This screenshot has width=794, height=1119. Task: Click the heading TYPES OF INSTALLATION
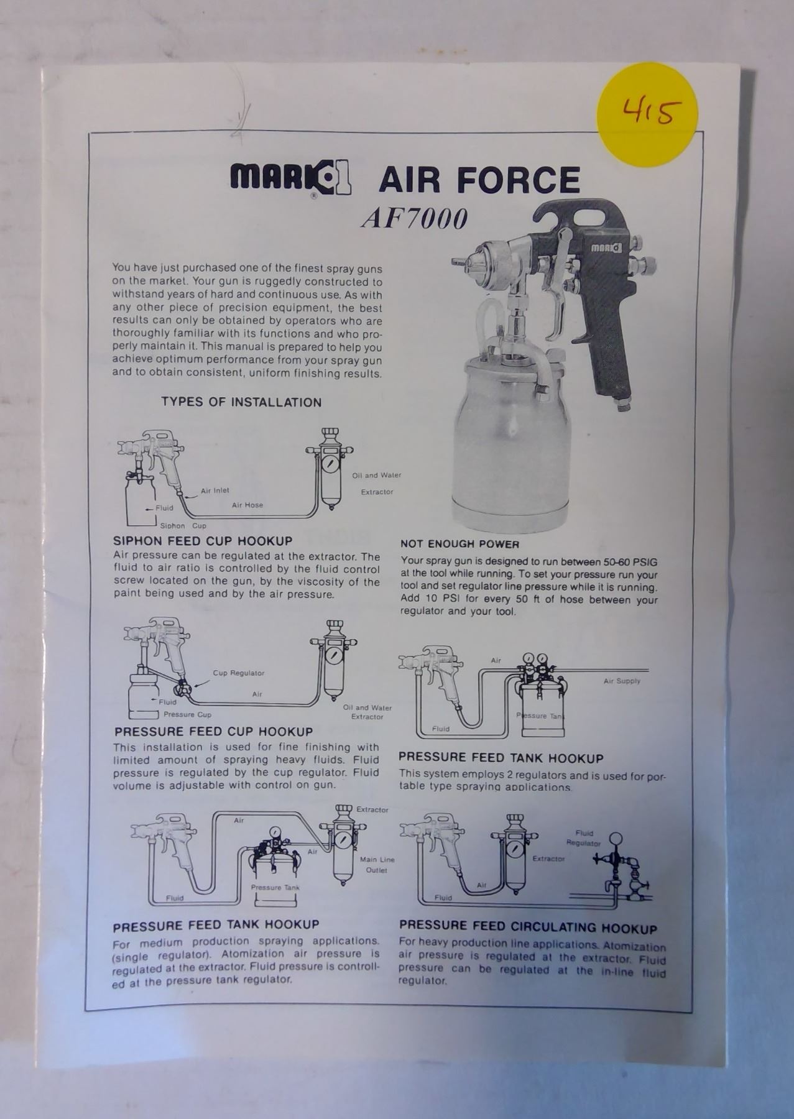[242, 402]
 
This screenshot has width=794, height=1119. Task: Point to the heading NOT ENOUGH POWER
[459, 544]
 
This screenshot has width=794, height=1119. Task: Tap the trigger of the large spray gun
[556, 292]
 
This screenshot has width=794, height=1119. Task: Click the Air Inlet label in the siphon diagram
[215, 490]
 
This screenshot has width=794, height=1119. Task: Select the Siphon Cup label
[183, 526]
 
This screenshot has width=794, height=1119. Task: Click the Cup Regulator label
[239, 673]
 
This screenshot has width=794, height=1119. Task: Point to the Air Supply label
[622, 681]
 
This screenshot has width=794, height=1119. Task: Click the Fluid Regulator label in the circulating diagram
[584, 838]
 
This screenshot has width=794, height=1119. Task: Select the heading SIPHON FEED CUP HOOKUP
[203, 541]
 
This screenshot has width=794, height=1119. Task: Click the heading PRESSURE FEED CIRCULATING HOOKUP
[528, 928]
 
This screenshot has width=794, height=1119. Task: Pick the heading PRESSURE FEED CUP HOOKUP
[213, 731]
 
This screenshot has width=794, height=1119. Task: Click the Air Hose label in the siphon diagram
[247, 505]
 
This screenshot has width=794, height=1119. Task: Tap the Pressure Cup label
[187, 715]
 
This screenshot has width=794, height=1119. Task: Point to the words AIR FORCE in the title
[479, 180]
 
